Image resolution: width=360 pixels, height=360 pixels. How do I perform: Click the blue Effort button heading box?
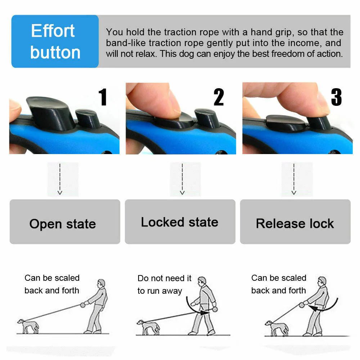tap(55, 41)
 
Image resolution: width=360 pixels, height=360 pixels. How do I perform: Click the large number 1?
tap(103, 97)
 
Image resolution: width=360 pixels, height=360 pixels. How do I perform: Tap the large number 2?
tap(219, 97)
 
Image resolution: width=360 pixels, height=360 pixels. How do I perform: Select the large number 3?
tap(336, 97)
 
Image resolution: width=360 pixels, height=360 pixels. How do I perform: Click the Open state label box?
tap(65, 222)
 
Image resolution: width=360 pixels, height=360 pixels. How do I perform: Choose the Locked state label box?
tap(180, 222)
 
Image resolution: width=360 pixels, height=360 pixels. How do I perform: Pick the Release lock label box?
tap(295, 222)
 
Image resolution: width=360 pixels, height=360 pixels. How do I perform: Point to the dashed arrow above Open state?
tap(60, 179)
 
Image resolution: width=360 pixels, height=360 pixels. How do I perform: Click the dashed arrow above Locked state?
tap(182, 179)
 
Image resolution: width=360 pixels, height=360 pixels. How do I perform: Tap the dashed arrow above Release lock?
tap(294, 179)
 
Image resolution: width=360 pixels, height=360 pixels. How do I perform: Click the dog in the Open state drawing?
tap(28, 325)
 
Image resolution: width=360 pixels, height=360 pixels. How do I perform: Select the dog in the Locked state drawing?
tap(148, 326)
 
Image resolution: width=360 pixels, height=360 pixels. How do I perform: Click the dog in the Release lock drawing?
tap(276, 327)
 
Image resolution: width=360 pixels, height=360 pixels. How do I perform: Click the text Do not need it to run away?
tap(165, 284)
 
